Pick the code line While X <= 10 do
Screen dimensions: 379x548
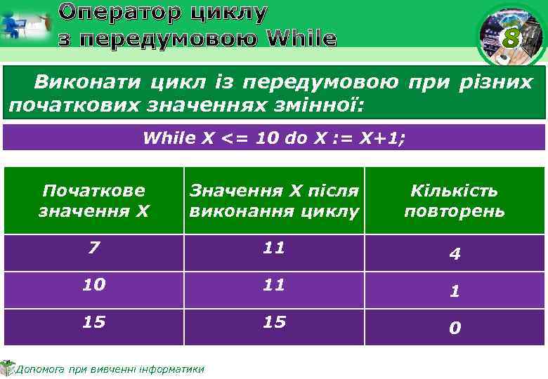click(x=274, y=138)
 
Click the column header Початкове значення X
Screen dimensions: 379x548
click(x=93, y=200)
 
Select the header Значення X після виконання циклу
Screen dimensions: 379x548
click(x=274, y=200)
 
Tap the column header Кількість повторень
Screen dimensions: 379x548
click(x=455, y=200)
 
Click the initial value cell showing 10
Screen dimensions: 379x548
click(x=93, y=284)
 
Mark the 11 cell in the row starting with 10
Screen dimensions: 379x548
click(x=274, y=284)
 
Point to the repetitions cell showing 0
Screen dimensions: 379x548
click(x=455, y=328)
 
